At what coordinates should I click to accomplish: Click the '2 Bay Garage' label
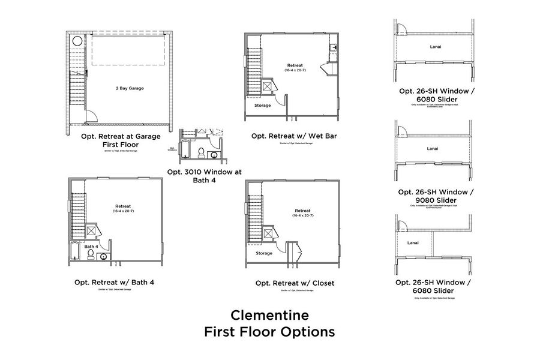(130, 88)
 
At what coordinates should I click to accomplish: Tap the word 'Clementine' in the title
(270, 314)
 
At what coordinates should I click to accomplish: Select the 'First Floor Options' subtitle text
(270, 331)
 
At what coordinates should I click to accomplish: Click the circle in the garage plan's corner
(77, 42)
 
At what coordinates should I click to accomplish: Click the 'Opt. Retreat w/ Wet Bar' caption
(294, 136)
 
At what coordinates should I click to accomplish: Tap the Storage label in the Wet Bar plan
(263, 105)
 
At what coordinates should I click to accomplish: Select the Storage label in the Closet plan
(263, 253)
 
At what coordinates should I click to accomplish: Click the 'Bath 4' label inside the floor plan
(91, 246)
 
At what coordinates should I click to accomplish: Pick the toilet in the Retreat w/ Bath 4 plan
(91, 254)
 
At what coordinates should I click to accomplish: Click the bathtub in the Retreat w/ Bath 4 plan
(75, 252)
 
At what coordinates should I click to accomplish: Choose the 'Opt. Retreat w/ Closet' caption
(295, 283)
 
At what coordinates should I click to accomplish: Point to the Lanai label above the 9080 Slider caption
(432, 148)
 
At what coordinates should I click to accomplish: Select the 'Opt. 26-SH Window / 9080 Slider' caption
(436, 196)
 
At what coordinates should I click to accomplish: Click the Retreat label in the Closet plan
(302, 211)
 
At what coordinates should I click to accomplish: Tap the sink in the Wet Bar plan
(333, 47)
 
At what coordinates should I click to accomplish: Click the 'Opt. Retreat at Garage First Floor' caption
(121, 140)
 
